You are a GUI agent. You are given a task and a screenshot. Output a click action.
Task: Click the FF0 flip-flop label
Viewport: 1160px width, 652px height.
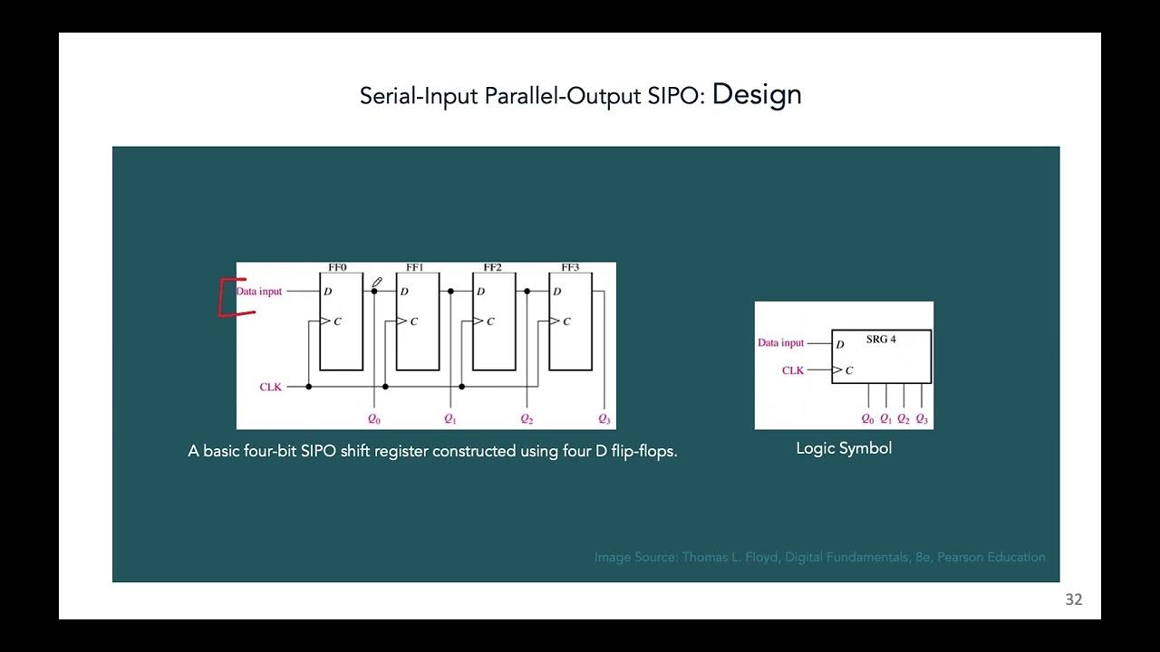337,268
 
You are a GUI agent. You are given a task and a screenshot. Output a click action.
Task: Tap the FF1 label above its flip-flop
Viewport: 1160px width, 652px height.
415,268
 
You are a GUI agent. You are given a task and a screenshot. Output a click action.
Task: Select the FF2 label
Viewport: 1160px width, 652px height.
492,268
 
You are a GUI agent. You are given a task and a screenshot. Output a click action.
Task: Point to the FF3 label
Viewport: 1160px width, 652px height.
570,268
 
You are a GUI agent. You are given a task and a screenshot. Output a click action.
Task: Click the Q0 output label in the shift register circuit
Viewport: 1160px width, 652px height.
374,419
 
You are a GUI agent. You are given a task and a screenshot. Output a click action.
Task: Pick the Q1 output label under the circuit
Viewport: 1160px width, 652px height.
450,419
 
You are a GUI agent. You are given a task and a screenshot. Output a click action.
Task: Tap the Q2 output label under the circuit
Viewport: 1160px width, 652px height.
527,419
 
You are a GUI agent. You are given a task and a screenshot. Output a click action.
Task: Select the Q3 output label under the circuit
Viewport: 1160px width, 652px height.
604,419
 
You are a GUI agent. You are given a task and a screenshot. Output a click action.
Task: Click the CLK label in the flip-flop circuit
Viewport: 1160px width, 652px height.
271,388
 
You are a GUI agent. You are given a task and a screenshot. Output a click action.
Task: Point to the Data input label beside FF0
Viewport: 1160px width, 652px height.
259,292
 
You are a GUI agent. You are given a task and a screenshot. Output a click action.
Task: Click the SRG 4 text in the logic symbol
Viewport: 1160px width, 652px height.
881,340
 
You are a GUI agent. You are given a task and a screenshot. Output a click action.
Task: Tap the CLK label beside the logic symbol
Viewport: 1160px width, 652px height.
793,370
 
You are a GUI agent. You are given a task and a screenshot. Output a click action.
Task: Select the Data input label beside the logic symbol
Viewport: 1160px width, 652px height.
780,343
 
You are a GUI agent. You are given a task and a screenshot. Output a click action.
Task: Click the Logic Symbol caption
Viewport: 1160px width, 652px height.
844,448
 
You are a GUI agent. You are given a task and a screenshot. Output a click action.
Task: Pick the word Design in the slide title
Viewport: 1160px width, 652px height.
757,94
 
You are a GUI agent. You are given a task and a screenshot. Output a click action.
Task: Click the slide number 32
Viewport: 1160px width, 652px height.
1074,599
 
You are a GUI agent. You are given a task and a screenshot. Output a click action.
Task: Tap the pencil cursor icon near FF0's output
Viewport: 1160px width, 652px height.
377,283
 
